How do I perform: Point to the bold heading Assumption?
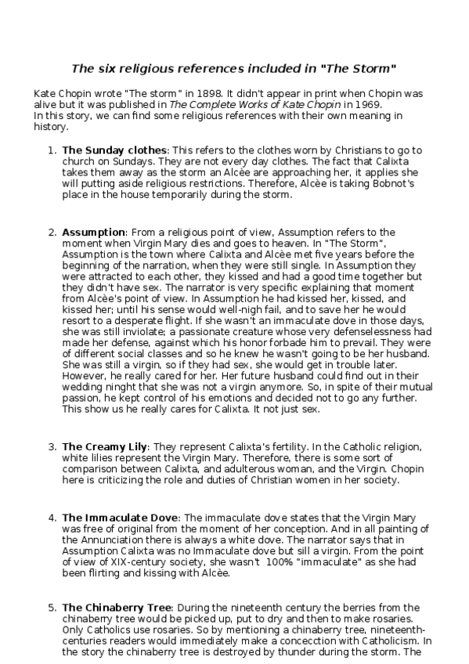click(93, 233)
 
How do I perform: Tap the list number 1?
click(51, 150)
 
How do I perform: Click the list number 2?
click(52, 233)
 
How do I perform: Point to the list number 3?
click(52, 447)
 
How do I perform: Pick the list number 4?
click(52, 518)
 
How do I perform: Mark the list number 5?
click(52, 607)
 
